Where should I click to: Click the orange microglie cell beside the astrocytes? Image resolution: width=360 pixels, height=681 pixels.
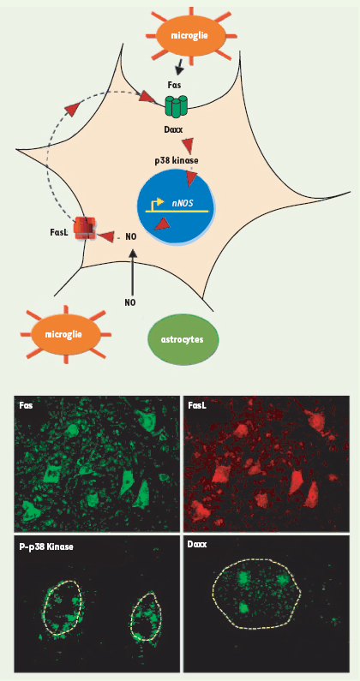pos(66,335)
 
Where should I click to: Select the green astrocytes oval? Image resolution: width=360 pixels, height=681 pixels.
pos(183,339)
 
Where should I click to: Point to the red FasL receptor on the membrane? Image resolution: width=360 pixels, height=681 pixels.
pos(84,228)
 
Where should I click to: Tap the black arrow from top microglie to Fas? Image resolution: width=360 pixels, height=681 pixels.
pos(178,67)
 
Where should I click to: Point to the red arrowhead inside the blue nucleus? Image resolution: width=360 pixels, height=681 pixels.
pos(163,224)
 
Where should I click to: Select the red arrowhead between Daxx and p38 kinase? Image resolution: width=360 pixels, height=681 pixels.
pos(189,144)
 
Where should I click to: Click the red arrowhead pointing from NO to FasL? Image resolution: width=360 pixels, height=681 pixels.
pos(105,236)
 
